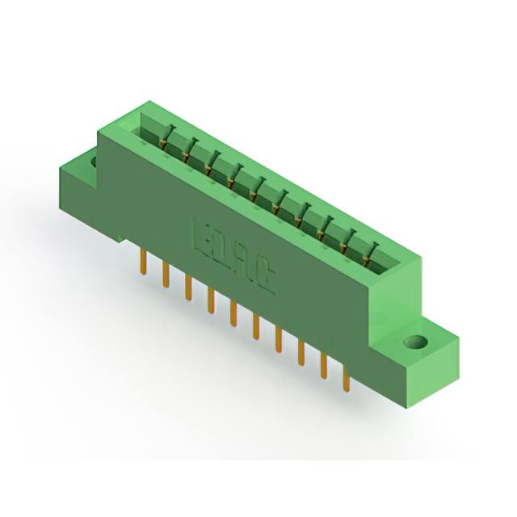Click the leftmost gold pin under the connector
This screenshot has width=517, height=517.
click(144, 262)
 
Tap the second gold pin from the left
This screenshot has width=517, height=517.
click(166, 274)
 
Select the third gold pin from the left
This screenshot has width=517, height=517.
click(188, 287)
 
